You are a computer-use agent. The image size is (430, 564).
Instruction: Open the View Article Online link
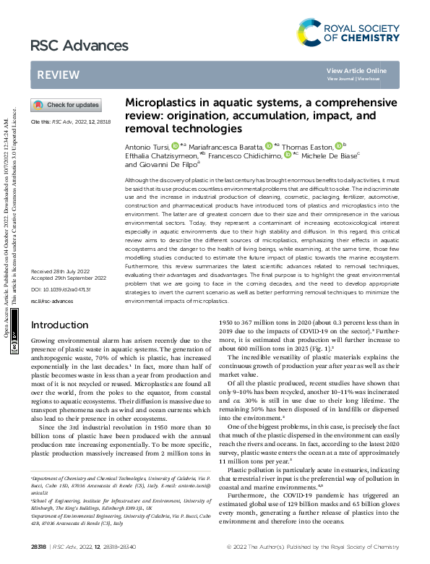[356, 70]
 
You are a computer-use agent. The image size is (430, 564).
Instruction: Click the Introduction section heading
[64, 325]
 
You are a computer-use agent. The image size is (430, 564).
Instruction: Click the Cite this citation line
[70, 122]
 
